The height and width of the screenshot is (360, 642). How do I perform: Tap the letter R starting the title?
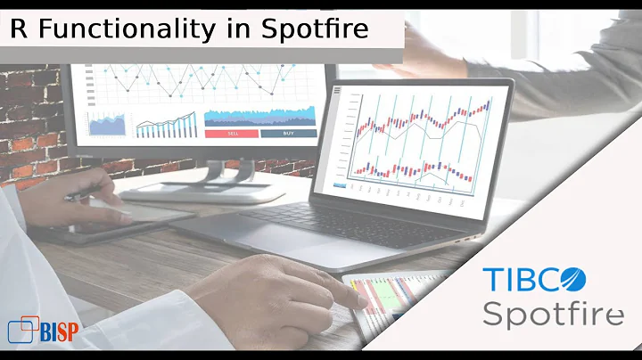coord(18,29)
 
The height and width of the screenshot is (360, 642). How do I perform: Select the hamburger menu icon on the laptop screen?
coord(336,90)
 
